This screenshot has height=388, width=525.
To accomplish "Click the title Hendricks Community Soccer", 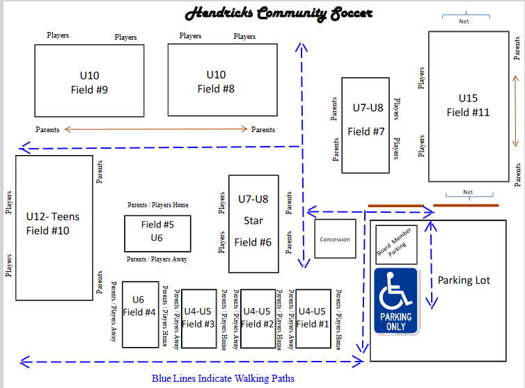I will [279, 13].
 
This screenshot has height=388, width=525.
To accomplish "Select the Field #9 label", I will [89, 90].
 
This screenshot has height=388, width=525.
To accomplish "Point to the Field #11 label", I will [468, 112].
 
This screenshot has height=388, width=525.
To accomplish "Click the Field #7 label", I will [366, 131].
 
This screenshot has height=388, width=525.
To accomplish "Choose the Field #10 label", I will [47, 231].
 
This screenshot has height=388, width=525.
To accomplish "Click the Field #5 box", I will [157, 234].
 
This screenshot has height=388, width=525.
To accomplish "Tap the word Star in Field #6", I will [253, 221].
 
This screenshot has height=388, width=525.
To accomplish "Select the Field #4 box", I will [140, 314].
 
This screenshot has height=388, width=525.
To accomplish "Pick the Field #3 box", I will [198, 318].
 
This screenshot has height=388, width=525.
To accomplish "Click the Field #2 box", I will [257, 318].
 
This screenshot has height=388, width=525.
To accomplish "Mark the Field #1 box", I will [312, 318].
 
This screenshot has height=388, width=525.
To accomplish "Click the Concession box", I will [335, 239].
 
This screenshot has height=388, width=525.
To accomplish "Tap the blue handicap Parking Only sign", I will [395, 301].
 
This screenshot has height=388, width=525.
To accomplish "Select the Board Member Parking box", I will [395, 243].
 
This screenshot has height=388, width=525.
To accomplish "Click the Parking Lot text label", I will [464, 280].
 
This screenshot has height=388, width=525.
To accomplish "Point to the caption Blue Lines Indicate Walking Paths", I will [223, 379].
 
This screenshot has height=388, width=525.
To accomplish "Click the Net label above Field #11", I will [464, 22].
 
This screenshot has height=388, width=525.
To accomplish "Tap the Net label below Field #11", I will [468, 193].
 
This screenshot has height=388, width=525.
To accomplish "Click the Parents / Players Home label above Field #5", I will [157, 205].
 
